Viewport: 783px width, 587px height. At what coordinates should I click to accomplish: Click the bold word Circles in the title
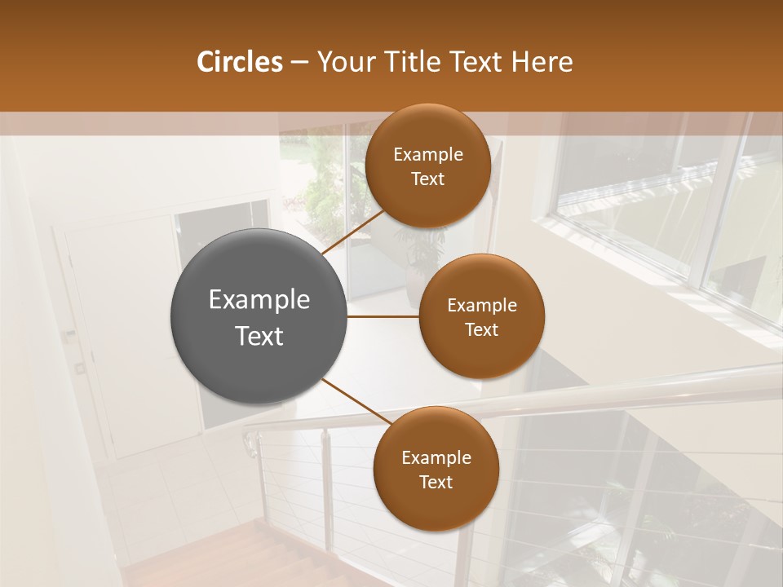(240, 62)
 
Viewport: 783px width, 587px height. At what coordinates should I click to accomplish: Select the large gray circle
(259, 316)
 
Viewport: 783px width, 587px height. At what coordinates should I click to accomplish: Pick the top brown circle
(427, 166)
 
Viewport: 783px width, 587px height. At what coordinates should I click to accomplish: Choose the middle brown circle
(481, 316)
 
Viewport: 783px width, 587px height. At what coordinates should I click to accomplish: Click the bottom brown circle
(436, 469)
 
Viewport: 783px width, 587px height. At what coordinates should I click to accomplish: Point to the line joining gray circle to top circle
(352, 232)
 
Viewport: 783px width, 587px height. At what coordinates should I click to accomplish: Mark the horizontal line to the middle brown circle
(383, 316)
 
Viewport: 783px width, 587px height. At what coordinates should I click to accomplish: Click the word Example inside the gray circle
(259, 300)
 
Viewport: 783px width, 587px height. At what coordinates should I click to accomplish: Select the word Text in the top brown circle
(427, 179)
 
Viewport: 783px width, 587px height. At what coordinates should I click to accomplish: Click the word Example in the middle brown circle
(481, 306)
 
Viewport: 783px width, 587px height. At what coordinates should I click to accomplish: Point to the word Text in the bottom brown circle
(436, 482)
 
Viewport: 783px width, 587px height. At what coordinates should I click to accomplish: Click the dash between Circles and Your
(299, 63)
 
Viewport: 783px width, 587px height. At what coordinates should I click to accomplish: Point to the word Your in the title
(343, 62)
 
